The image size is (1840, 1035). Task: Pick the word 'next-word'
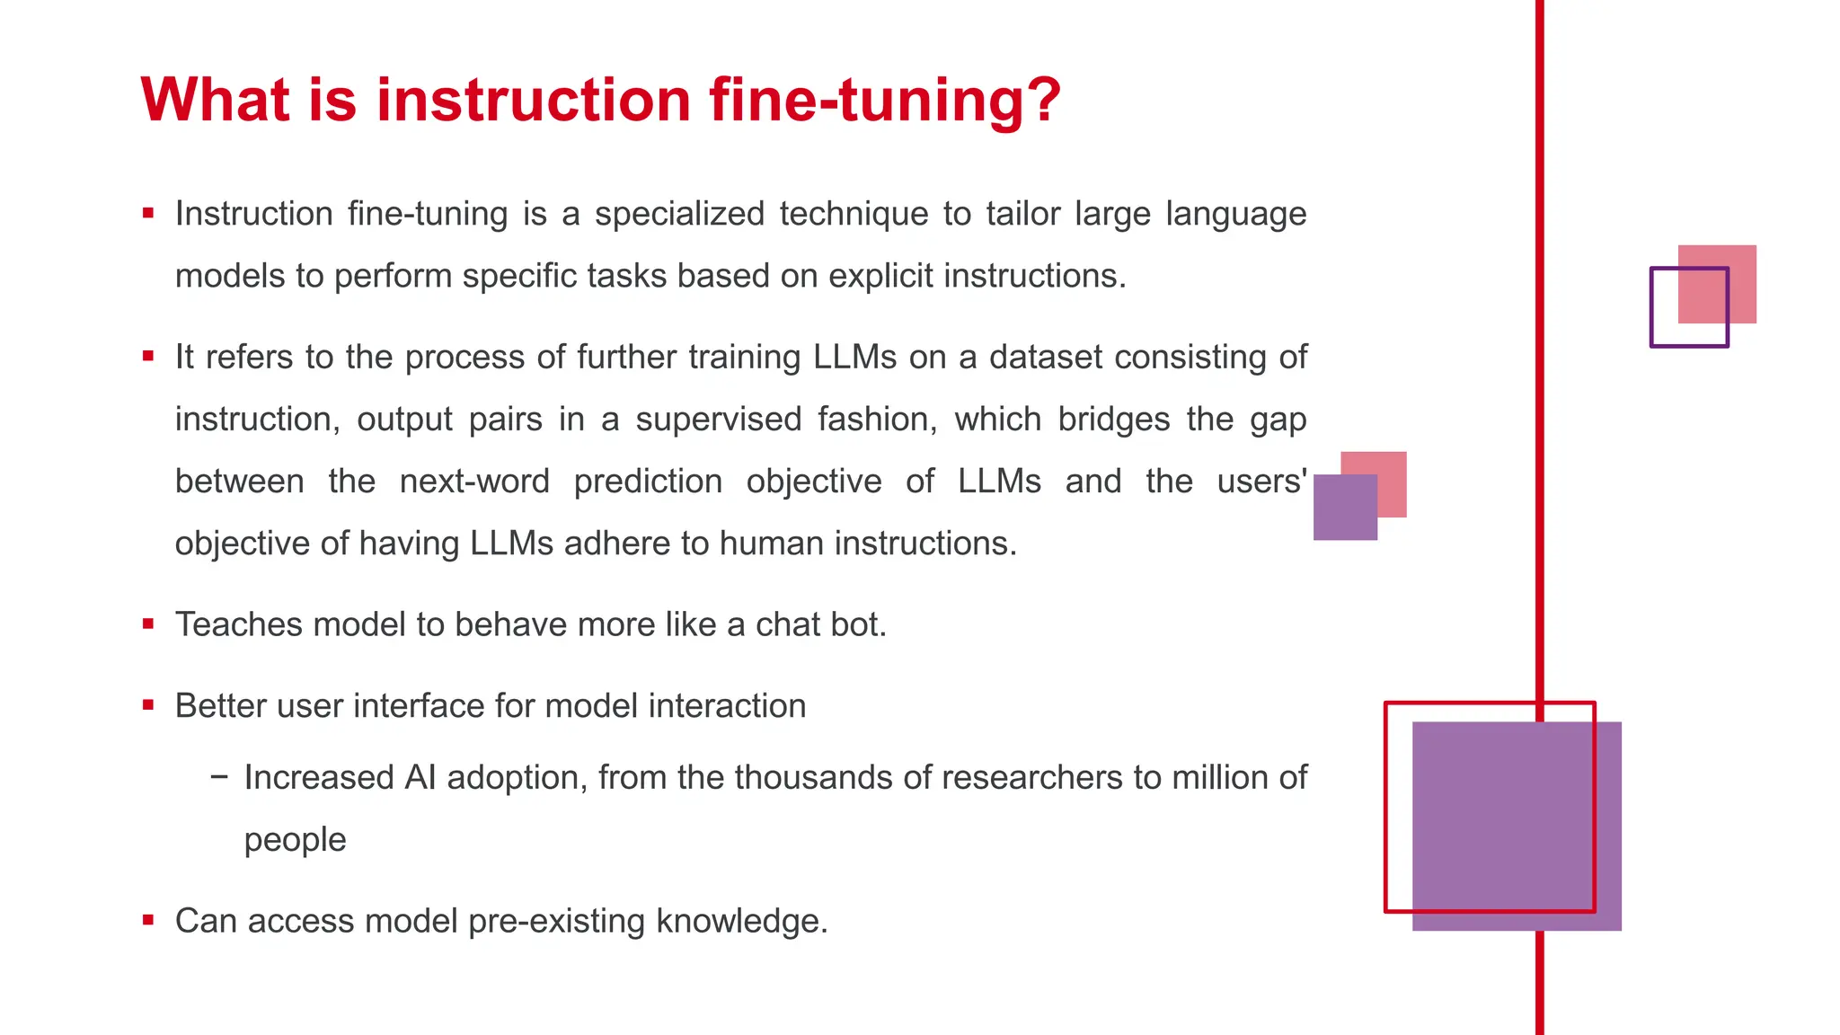coord(474,482)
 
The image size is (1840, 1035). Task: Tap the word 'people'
coord(295,840)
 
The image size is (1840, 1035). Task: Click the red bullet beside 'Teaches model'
coord(148,624)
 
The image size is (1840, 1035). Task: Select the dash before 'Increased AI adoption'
coord(218,776)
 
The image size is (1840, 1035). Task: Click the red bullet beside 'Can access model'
coord(148,921)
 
